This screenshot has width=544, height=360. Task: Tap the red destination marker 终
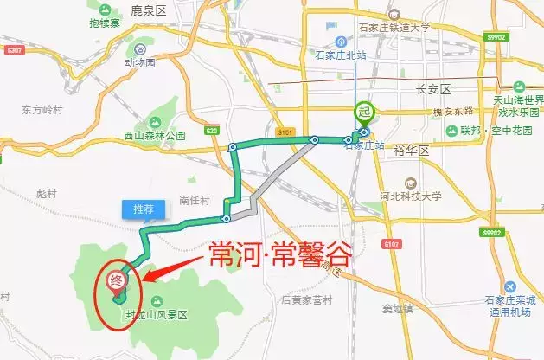tap(113, 281)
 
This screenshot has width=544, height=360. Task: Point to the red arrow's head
tap(145, 279)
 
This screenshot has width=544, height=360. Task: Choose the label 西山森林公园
tap(155, 135)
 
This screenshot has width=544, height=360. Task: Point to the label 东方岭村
tap(42, 109)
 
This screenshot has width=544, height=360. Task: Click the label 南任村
tap(195, 200)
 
